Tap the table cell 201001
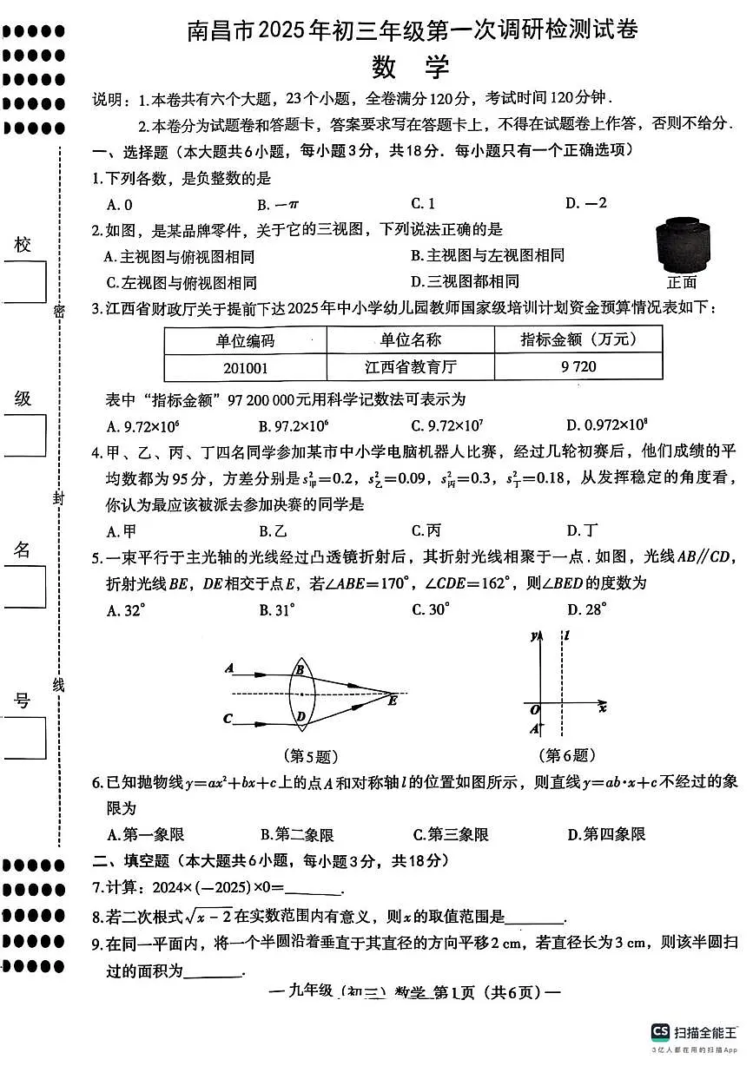pyautogui.click(x=246, y=366)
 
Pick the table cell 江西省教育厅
pyautogui.click(x=411, y=366)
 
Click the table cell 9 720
pyautogui.click(x=578, y=366)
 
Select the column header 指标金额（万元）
pyautogui.click(x=578, y=339)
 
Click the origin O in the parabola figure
pyautogui.click(x=534, y=709)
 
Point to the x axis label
pyautogui.click(x=602, y=707)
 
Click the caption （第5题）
pyautogui.click(x=310, y=755)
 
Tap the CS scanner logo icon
pyautogui.click(x=660, y=1031)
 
